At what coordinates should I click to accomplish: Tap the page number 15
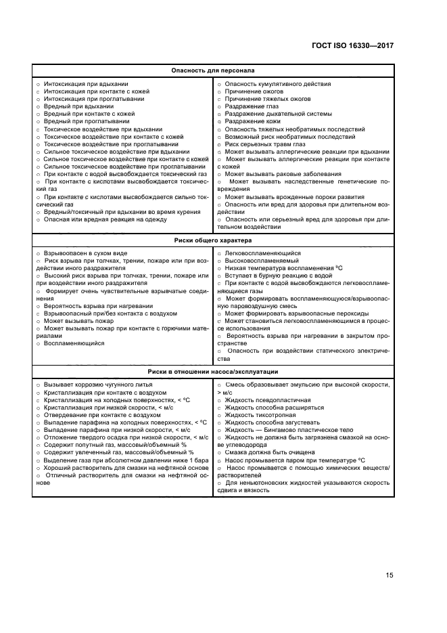390,575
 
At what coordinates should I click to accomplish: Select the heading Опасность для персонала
212,70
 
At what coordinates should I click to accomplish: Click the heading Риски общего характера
212,240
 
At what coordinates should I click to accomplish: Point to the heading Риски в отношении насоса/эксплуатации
212,372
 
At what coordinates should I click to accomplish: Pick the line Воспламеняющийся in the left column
74,343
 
